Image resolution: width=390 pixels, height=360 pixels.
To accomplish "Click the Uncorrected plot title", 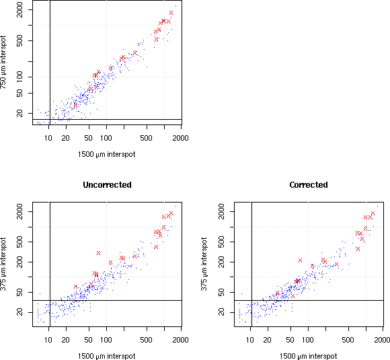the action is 107,185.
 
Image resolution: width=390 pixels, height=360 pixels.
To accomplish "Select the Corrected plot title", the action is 309,185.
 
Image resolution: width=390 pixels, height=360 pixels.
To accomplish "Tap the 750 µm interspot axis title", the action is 3,62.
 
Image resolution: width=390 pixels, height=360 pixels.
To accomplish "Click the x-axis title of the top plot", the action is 107,154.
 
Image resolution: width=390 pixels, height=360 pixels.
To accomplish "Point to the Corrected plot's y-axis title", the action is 204,264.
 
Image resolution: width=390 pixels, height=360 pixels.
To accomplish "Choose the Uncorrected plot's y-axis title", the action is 3,264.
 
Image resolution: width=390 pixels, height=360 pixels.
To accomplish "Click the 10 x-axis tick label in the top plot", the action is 48,138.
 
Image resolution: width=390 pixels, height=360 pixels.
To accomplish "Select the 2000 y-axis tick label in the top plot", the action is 19,9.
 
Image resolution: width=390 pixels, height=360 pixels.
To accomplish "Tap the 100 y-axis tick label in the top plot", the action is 19,77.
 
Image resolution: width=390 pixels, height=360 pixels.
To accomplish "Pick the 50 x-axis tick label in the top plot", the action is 89,138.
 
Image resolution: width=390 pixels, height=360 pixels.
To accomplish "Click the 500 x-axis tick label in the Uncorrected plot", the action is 147,340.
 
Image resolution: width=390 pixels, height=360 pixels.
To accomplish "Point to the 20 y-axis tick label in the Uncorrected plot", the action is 19,312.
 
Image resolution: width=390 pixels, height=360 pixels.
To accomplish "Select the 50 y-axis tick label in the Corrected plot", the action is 221,292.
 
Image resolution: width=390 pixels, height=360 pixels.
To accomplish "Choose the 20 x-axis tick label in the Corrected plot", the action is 268,340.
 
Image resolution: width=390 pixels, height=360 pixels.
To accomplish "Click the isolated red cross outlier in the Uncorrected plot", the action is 98,253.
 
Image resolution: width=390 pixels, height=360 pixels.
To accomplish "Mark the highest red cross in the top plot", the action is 171,13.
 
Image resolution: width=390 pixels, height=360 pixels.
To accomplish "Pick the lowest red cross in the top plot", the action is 75,106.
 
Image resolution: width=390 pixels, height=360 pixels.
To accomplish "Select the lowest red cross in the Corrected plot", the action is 292,296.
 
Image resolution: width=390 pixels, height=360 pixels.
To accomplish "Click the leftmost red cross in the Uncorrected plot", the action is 75,287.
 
